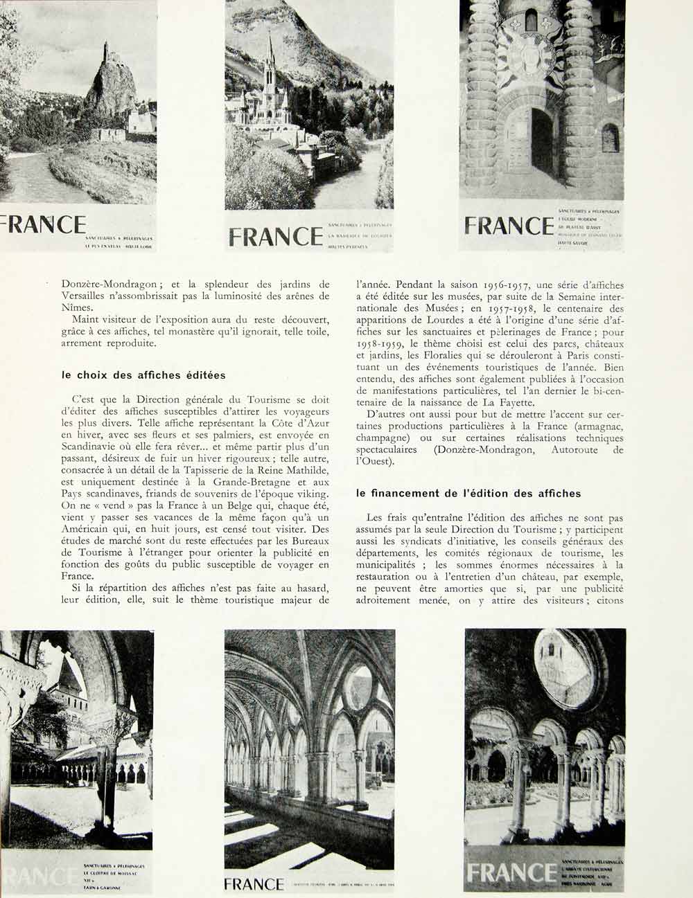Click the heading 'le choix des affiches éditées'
143,375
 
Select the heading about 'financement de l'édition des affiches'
468,494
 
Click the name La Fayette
509,402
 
